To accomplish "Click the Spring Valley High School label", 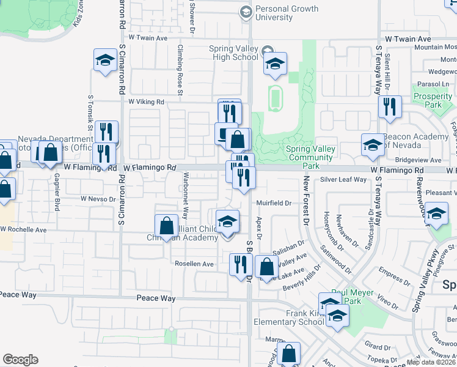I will pyautogui.click(x=233, y=53).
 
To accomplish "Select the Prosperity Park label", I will pyautogui.click(x=432, y=100).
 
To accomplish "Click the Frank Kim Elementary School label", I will pyautogui.click(x=295, y=317).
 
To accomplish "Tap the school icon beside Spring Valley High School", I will pyautogui.click(x=275, y=62).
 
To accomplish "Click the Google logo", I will pyautogui.click(x=20, y=360).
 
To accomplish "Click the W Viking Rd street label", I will pyautogui.click(x=147, y=102).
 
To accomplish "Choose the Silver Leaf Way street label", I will pyautogui.click(x=343, y=180).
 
